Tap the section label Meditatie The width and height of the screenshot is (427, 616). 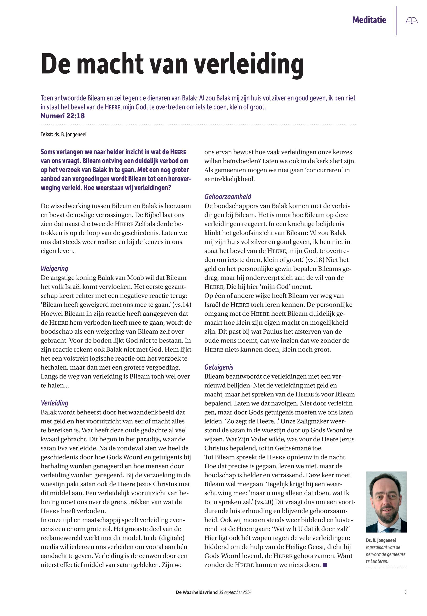point(369,20)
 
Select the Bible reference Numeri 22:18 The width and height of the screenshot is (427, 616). point(63,116)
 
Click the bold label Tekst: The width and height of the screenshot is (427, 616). point(47,135)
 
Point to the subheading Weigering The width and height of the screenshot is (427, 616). point(54,268)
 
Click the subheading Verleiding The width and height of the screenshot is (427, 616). point(54,403)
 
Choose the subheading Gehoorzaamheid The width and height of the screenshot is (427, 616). point(228,197)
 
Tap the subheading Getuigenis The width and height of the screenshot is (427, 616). point(219,367)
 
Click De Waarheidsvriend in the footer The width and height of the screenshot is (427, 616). point(197,592)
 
